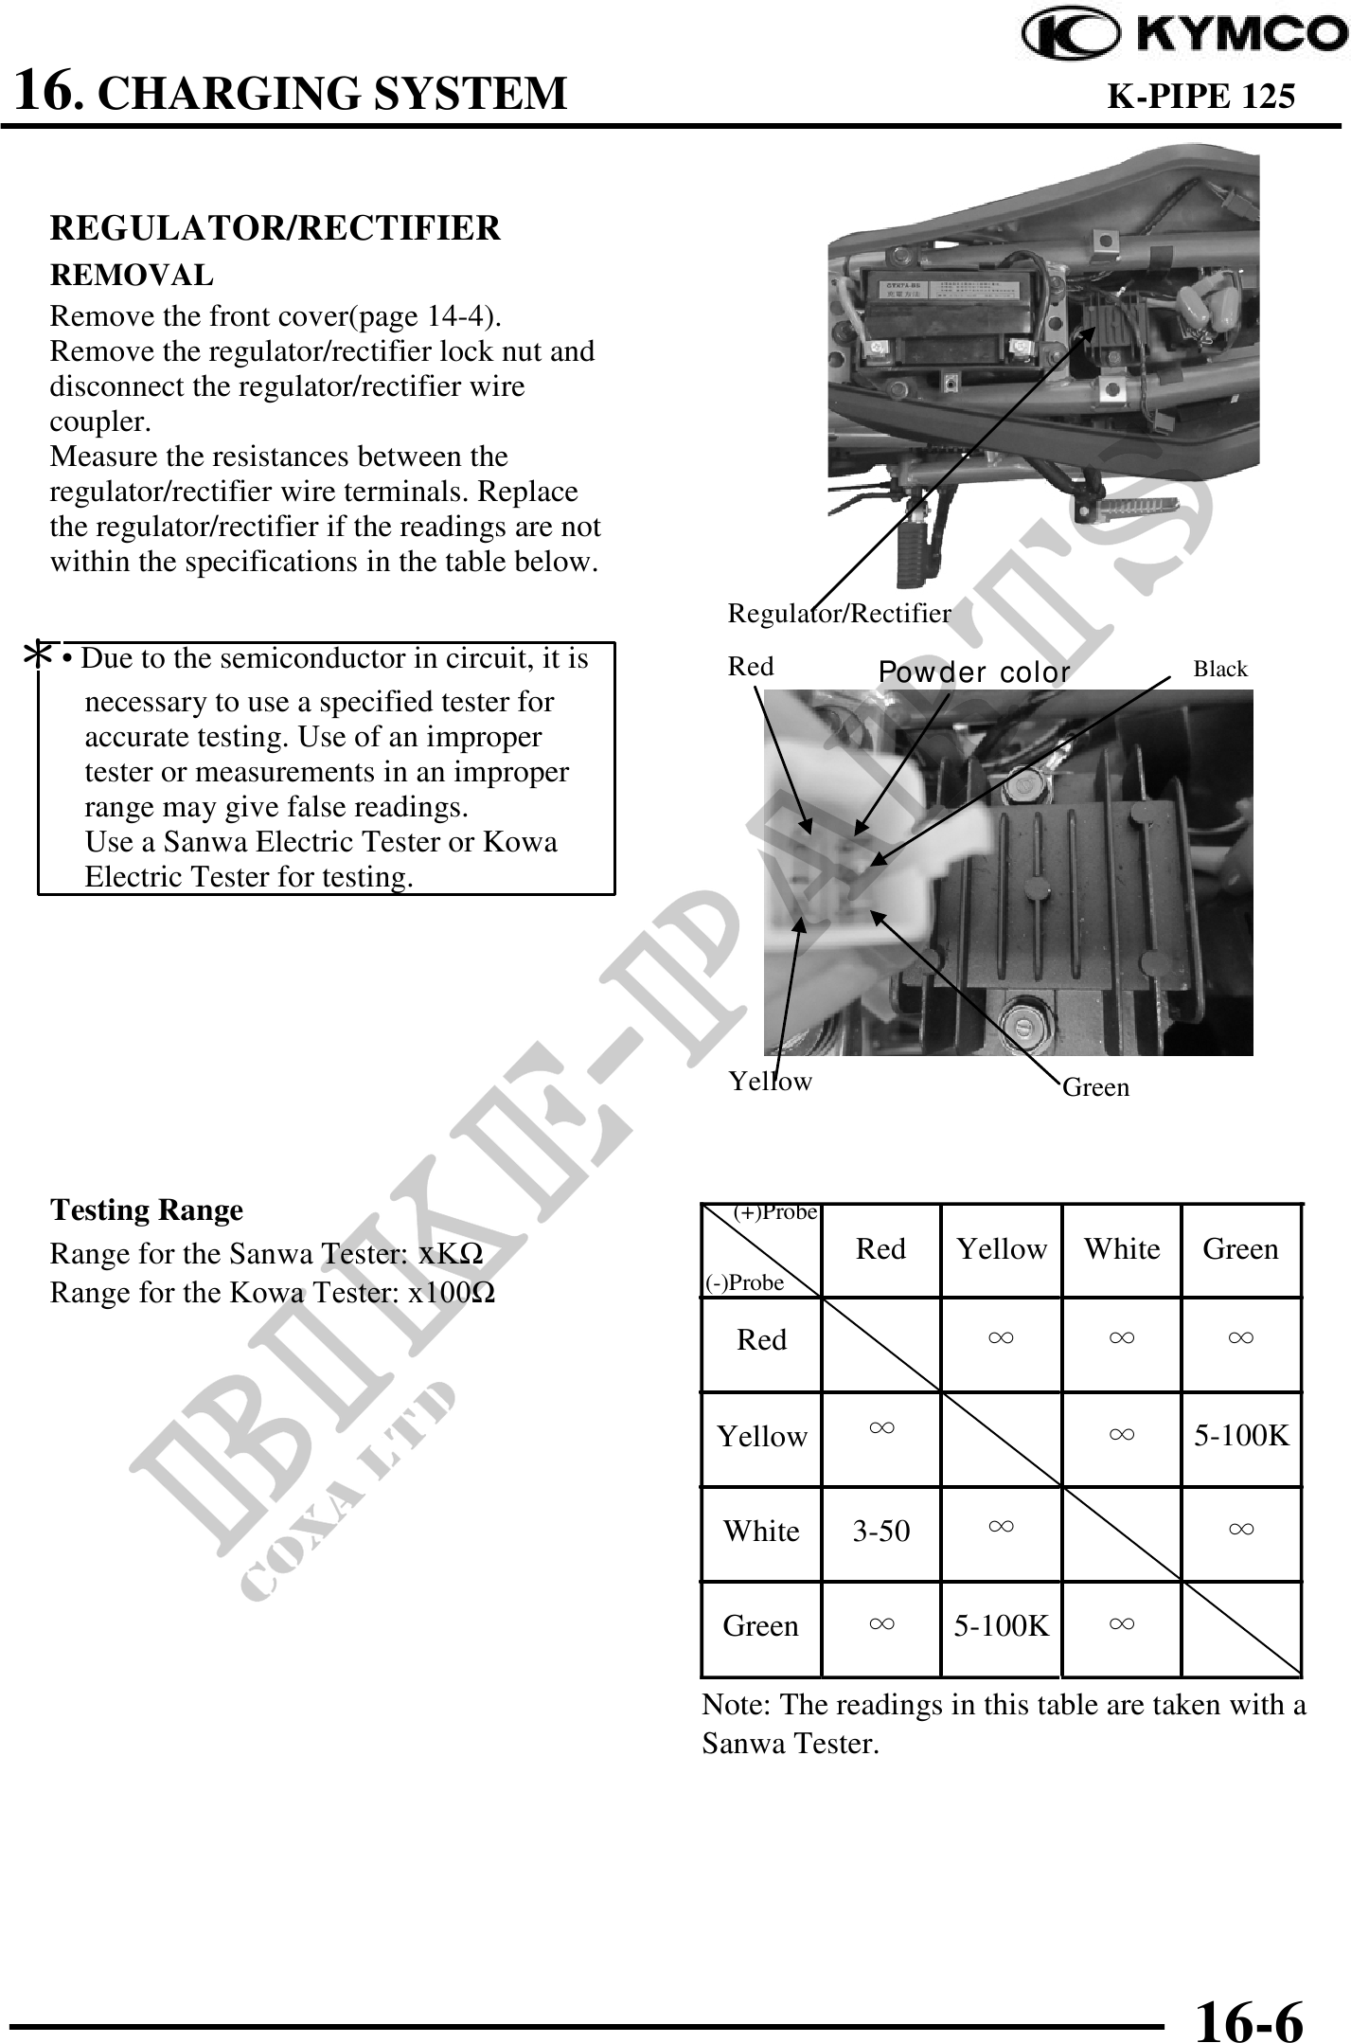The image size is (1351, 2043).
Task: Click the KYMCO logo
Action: pos(1184,35)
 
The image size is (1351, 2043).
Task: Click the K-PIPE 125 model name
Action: pos(1200,96)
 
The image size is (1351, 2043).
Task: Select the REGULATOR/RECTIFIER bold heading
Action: pos(275,228)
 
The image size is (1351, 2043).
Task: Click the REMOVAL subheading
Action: pos(132,276)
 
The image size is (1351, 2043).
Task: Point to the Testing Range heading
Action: pos(147,1210)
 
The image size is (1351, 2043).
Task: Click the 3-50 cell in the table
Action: pos(880,1532)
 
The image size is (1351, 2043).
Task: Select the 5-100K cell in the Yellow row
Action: pos(1240,1437)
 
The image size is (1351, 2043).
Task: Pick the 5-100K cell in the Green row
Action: pos(1001,1626)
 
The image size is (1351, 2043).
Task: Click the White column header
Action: pos(1121,1249)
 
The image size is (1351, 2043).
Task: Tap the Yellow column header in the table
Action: pos(1001,1249)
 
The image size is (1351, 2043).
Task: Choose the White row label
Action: pos(761,1532)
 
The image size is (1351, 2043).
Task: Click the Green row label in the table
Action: pos(760,1626)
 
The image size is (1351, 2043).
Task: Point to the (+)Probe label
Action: pos(775,1213)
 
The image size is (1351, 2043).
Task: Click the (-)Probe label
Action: pos(745,1282)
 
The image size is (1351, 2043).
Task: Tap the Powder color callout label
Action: pos(974,672)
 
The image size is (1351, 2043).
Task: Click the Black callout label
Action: pos(1219,670)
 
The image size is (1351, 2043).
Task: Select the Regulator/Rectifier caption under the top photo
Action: pos(839,614)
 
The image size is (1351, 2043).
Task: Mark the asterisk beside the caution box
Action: pos(38,655)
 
